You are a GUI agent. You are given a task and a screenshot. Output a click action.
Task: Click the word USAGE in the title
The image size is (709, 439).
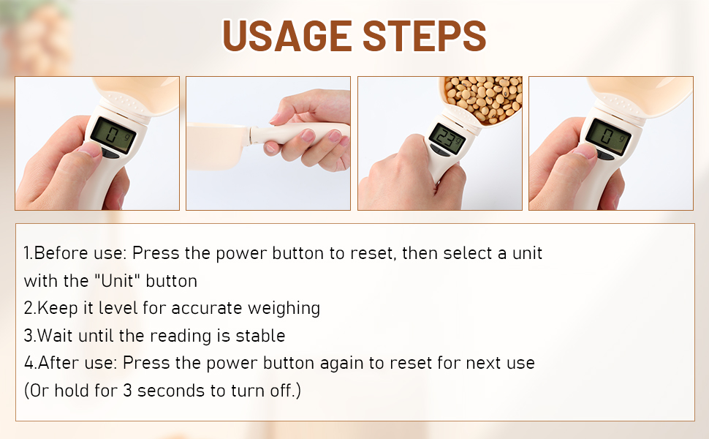click(x=287, y=36)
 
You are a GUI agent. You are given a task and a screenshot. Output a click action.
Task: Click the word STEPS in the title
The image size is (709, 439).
click(x=424, y=36)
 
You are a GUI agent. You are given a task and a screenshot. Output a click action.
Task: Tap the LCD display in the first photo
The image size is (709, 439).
click(x=113, y=135)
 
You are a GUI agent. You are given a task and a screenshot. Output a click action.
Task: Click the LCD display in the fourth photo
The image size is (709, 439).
click(x=608, y=136)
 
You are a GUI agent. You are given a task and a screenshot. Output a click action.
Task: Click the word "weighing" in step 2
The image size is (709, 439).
click(x=284, y=309)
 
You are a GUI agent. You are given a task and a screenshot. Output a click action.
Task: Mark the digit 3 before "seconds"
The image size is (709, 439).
click(x=127, y=391)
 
